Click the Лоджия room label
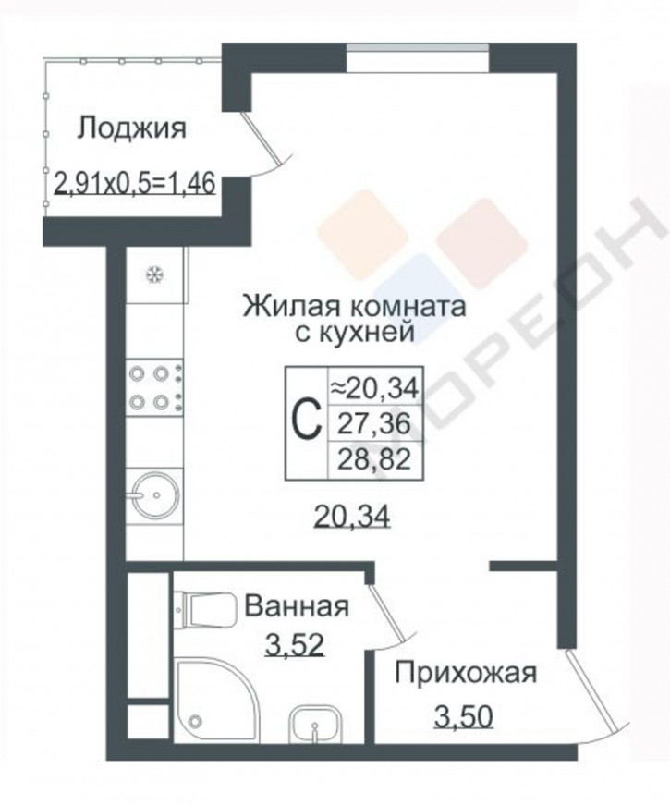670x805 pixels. (x=131, y=128)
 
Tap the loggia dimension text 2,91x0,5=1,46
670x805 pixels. (x=136, y=182)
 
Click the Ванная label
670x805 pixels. (x=296, y=607)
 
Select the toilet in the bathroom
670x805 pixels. (x=201, y=608)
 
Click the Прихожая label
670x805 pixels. (x=465, y=672)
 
